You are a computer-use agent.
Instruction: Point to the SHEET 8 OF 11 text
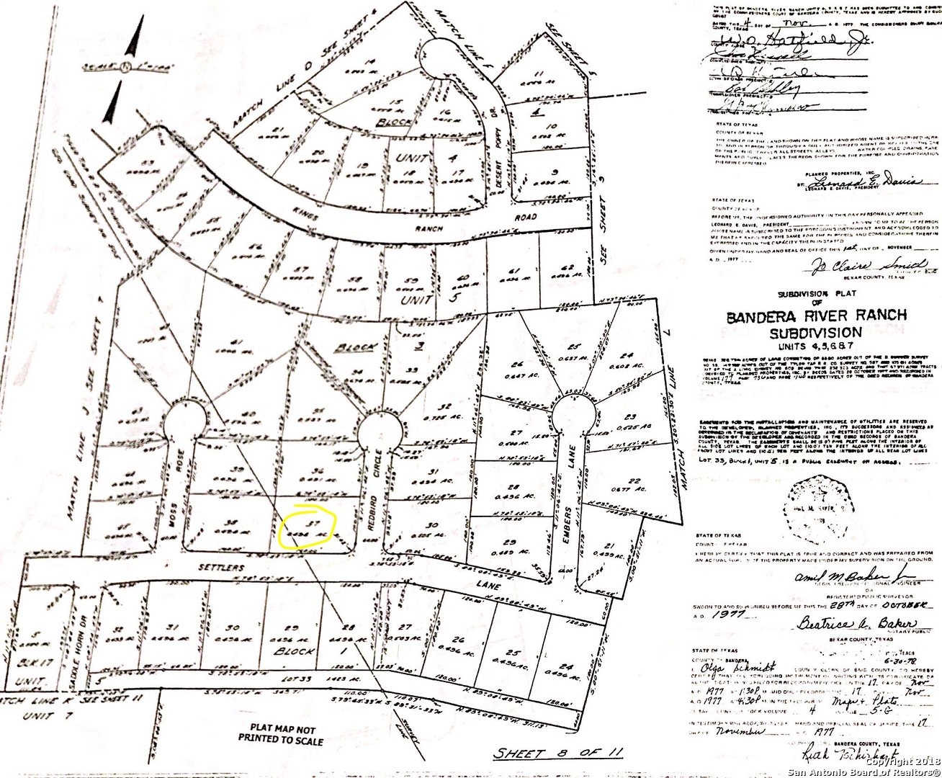coord(557,753)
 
